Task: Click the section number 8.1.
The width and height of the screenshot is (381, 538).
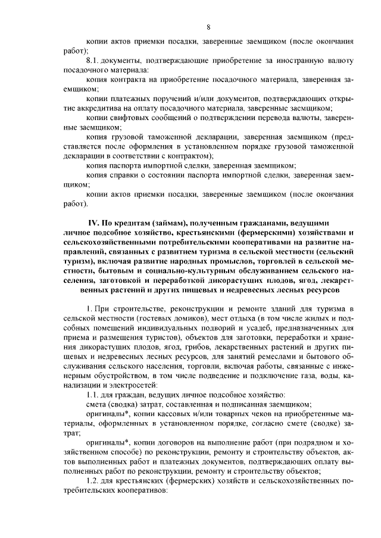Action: (x=94, y=61)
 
